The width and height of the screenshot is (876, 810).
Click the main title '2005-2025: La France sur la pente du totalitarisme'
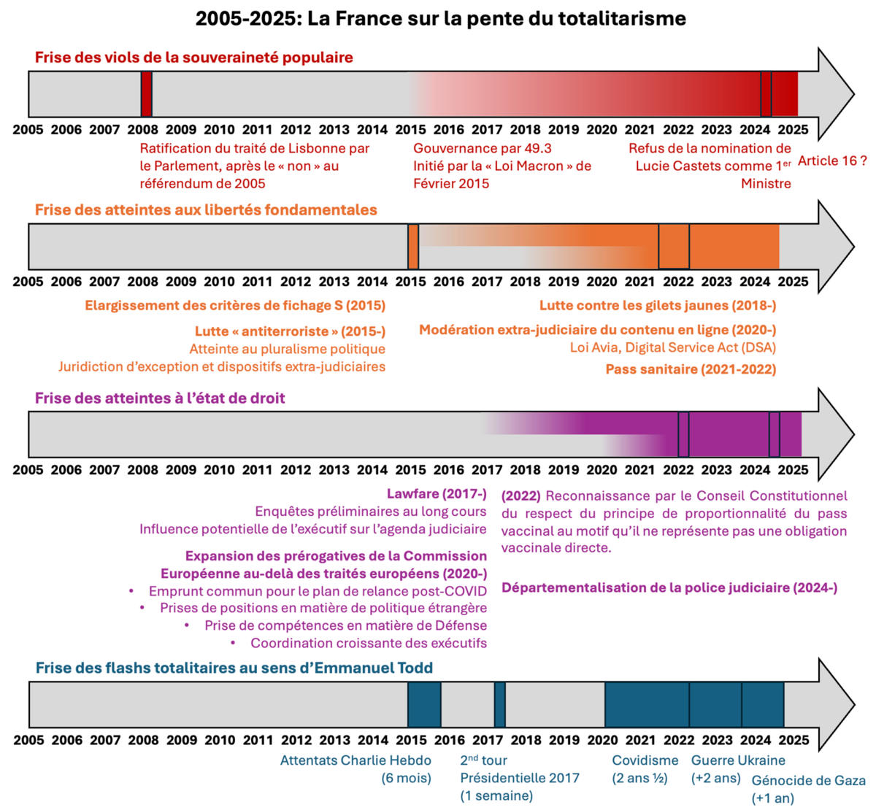(440, 18)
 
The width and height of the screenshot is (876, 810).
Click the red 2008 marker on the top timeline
(147, 94)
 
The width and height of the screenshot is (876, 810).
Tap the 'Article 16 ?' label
(832, 161)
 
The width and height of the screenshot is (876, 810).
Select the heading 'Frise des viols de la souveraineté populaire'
(194, 58)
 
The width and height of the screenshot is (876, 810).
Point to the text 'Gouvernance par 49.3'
(483, 148)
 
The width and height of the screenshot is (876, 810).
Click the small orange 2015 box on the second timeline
(413, 247)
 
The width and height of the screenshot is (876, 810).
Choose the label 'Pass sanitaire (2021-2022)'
(691, 369)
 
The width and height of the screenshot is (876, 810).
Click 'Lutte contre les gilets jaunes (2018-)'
(658, 306)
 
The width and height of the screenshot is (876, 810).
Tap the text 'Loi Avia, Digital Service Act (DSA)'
(672, 348)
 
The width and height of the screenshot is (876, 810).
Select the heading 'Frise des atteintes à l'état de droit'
(160, 398)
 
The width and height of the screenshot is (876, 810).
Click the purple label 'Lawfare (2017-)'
(437, 494)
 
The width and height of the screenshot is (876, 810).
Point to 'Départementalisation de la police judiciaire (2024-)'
(669, 588)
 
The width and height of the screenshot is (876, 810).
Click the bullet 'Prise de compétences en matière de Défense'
(345, 625)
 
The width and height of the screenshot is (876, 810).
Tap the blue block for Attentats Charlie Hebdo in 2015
(424, 705)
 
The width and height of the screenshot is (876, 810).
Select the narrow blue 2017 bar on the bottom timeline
(499, 705)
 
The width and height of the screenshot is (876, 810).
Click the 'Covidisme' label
(645, 760)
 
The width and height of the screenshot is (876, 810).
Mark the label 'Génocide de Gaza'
(808, 781)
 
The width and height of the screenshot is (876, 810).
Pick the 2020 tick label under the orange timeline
(602, 282)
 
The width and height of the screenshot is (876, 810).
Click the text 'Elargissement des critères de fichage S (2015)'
(235, 306)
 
